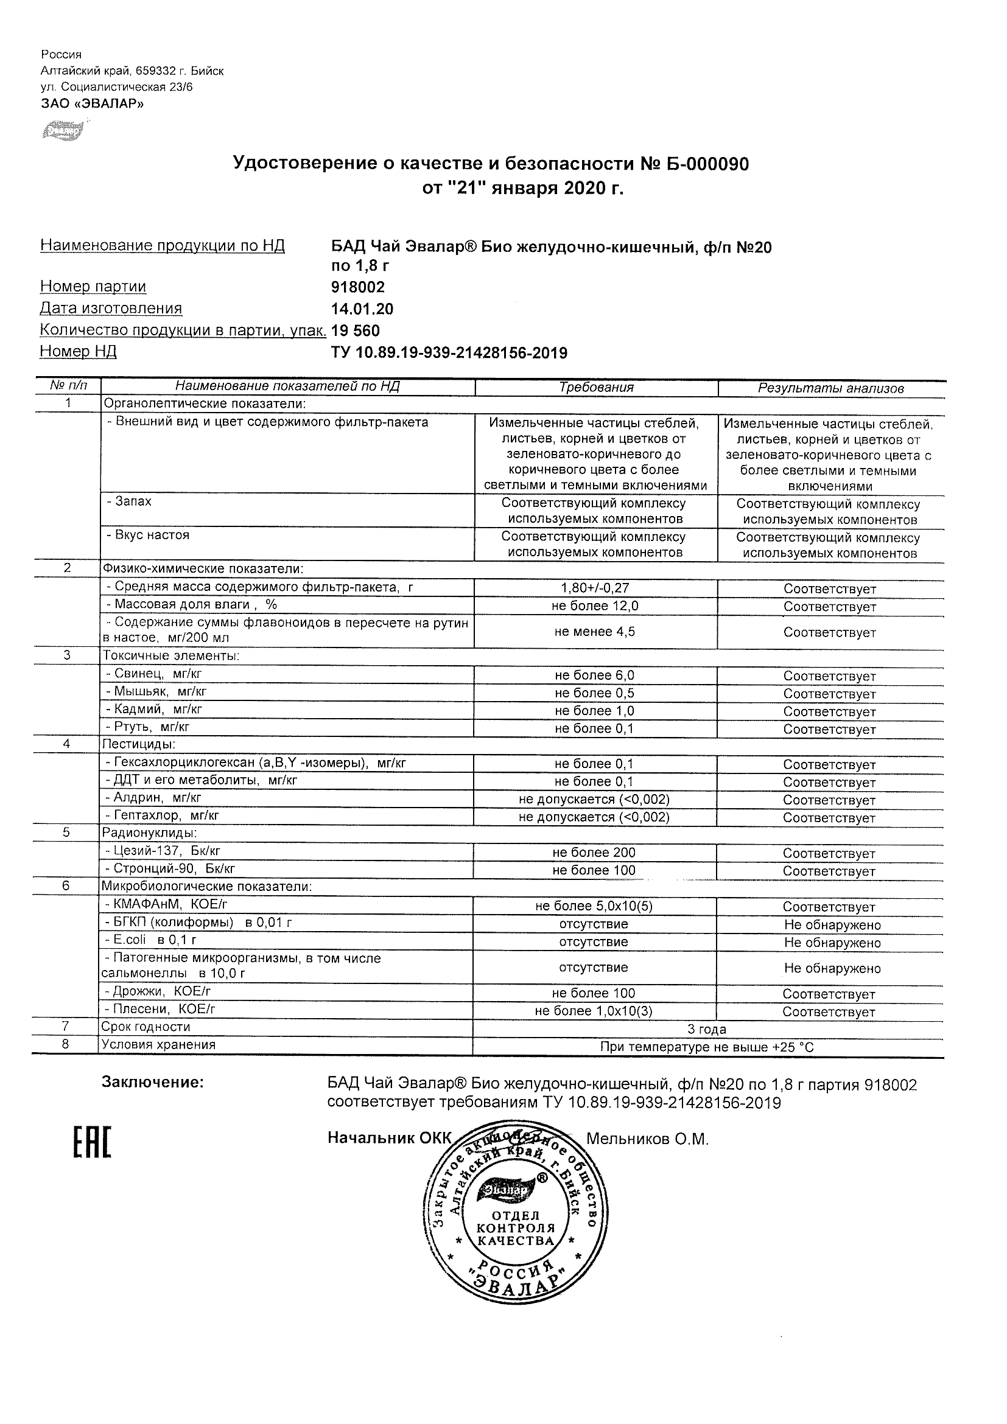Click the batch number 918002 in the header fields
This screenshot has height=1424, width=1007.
tap(358, 287)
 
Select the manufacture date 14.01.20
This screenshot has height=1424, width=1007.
tap(362, 309)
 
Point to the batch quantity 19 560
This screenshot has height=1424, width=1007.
tap(356, 330)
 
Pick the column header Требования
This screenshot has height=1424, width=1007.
tap(596, 388)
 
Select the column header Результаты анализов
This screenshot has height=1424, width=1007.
tap(831, 388)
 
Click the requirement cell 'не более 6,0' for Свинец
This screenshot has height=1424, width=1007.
tap(594, 675)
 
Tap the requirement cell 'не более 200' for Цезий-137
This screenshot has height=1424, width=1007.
tap(594, 853)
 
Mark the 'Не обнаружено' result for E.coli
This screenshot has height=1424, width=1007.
tap(832, 943)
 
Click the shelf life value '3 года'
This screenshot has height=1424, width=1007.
tap(707, 1030)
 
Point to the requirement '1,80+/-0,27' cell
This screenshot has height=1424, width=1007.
tap(594, 588)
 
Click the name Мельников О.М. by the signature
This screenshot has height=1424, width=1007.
tap(647, 1139)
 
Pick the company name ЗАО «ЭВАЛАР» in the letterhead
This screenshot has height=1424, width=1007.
tap(93, 103)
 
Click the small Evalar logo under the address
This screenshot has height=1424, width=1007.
tap(62, 131)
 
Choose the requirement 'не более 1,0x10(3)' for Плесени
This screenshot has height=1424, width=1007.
tap(594, 1011)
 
